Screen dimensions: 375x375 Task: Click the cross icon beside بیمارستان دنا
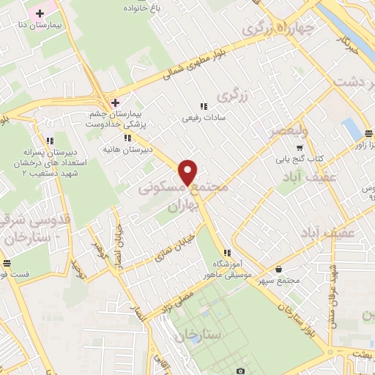40,13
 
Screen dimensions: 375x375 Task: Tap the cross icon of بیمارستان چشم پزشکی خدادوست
115,102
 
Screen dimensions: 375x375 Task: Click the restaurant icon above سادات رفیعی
204,106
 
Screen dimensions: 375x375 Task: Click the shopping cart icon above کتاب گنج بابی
298,147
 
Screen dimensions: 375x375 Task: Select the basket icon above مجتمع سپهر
281,269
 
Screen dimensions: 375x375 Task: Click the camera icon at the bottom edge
241,371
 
